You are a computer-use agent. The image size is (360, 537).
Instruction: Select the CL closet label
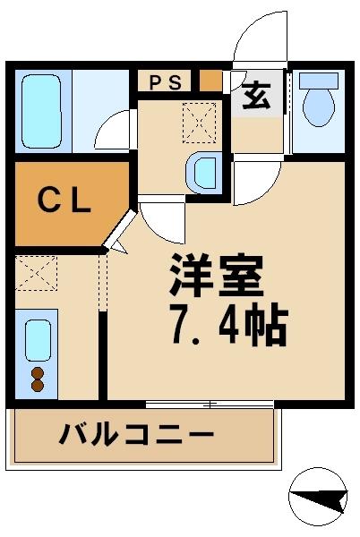(x=64, y=202)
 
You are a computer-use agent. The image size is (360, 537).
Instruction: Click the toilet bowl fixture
(x=318, y=107)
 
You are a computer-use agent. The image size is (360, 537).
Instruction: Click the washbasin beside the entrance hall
(x=204, y=170)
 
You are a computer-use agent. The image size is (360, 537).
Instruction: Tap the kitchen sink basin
(x=37, y=337)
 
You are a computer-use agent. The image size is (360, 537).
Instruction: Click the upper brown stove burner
(x=38, y=371)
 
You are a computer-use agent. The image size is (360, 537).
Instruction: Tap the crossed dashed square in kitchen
(x=36, y=272)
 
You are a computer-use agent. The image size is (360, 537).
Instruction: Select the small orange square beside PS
(x=210, y=81)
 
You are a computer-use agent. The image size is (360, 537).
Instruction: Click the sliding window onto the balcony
(x=210, y=405)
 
